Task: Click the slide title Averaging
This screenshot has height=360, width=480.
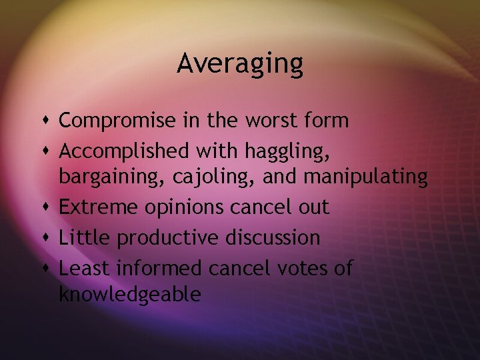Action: coord(240,64)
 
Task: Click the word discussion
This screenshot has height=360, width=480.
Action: coord(273,237)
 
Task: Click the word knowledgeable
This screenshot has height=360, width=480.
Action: coord(130,294)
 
